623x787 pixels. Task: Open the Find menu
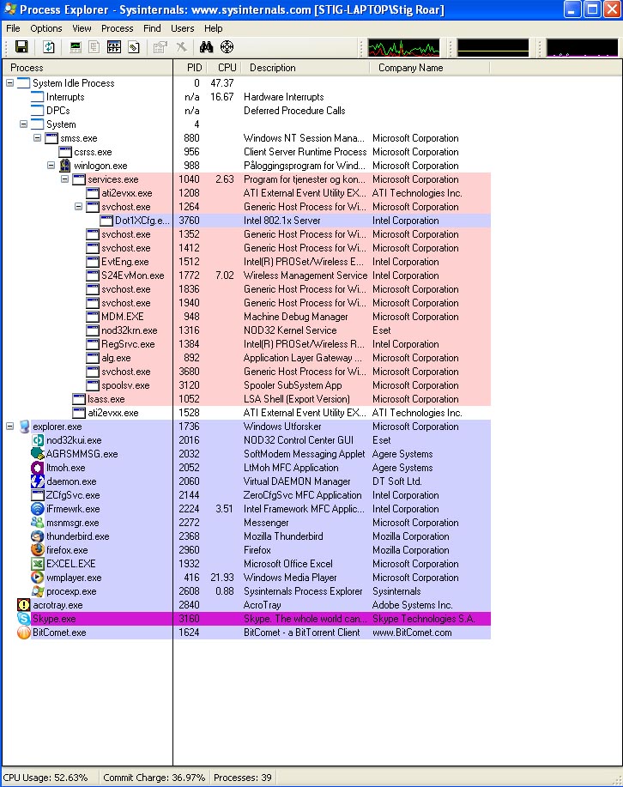point(152,28)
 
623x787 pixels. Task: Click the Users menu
point(182,28)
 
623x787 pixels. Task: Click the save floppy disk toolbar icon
point(21,47)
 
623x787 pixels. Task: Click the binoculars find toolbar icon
point(206,47)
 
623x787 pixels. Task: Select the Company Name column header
point(411,68)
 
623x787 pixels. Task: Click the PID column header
point(194,68)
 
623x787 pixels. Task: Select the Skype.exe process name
point(54,619)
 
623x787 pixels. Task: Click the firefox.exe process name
point(67,550)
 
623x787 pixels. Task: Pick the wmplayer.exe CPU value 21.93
point(222,578)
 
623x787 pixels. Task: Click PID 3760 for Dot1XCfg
point(190,221)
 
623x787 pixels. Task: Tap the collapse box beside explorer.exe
point(10,427)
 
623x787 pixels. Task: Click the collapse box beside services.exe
point(64,179)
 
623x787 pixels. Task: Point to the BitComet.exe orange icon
point(23,633)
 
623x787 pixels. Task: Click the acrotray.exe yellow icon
point(23,605)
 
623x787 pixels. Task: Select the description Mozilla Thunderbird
point(283,536)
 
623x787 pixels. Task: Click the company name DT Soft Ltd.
point(397,481)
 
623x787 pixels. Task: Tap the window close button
point(612,9)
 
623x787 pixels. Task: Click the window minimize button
point(572,9)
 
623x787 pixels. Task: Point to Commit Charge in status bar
point(154,778)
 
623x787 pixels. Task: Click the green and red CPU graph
point(403,48)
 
